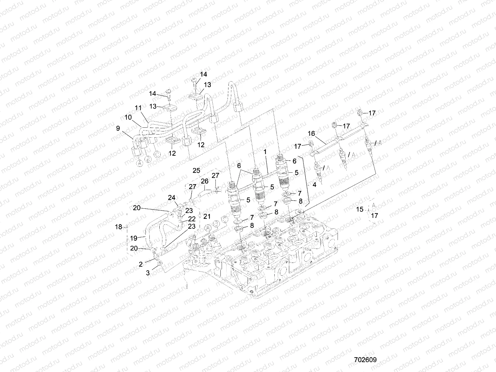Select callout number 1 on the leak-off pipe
pos(265,152)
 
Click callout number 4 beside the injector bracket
pos(314,185)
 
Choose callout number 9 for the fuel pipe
pos(118,128)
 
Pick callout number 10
pos(128,118)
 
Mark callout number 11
pos(138,108)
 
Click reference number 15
pos(359,210)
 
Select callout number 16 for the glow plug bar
pos(311,134)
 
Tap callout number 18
pos(119,227)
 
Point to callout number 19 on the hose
pos(134,238)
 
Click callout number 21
pos(207,216)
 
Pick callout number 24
pos(172,197)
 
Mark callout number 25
pos(197,170)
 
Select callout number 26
pos(205,181)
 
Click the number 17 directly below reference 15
pos(374,215)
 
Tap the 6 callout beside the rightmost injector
pos(294,161)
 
